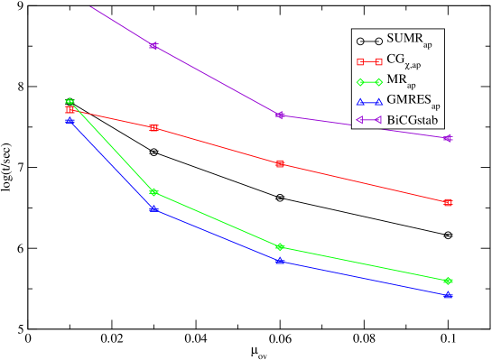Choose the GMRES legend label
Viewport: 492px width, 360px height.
(x=413, y=101)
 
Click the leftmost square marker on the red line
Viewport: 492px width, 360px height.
(x=70, y=110)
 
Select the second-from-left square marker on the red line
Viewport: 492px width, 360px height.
(x=154, y=128)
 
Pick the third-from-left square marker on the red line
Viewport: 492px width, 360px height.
(x=281, y=164)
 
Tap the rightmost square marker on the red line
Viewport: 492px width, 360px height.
(x=449, y=202)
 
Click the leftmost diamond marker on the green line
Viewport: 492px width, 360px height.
(x=70, y=102)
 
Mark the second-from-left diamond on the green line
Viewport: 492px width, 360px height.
(x=154, y=192)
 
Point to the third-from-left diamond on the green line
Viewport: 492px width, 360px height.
(x=281, y=247)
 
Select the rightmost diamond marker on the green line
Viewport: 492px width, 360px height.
(x=449, y=282)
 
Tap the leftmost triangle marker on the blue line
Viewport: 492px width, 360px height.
(x=70, y=120)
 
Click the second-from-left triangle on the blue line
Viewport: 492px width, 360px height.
(x=154, y=209)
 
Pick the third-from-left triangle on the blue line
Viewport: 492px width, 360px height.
(x=281, y=261)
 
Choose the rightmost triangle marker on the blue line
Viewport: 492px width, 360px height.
(x=449, y=295)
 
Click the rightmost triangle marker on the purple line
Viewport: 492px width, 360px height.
(x=449, y=138)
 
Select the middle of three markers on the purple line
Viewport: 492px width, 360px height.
(x=281, y=115)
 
